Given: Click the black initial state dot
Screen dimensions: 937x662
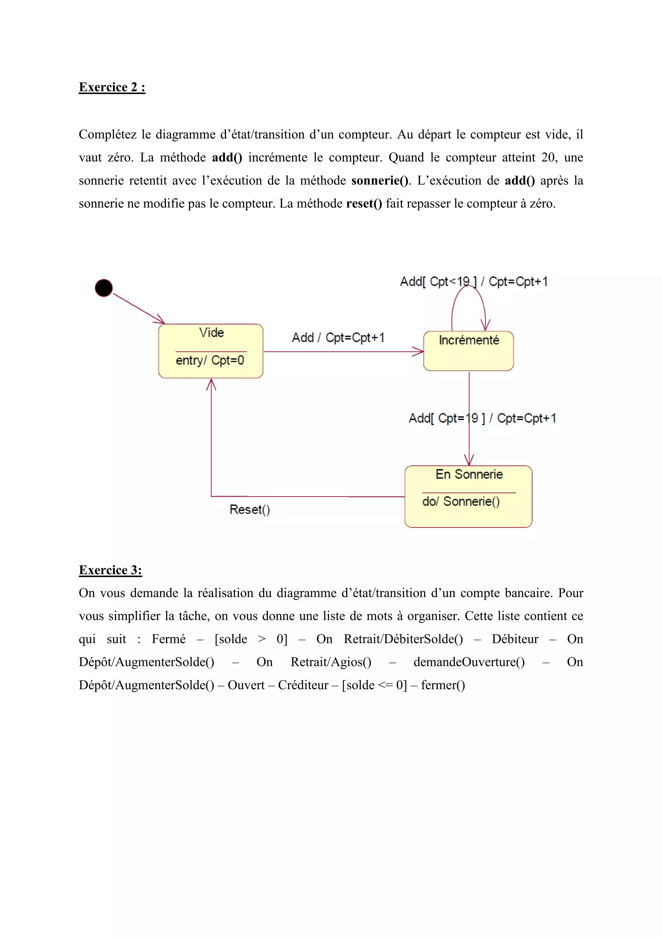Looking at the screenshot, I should (104, 288).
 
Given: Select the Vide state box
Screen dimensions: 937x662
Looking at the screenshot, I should (210, 351).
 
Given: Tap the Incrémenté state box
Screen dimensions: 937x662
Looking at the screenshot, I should (468, 351).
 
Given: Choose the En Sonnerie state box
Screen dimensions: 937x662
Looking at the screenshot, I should (468, 496).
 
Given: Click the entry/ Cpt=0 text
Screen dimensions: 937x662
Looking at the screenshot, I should (210, 361).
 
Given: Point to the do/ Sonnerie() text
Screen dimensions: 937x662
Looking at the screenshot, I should (461, 501).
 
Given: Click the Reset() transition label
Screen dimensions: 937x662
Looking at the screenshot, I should (250, 510).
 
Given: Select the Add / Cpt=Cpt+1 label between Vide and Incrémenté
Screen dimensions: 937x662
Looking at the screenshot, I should (338, 338).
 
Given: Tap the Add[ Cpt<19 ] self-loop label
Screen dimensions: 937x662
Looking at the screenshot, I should (473, 282).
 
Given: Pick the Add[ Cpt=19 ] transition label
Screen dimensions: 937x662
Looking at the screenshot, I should (482, 418).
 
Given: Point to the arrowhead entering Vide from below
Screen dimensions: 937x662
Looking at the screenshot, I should (211, 384).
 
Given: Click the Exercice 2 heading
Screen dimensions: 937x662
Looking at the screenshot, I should (112, 87).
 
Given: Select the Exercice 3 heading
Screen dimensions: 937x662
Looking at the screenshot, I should (110, 570).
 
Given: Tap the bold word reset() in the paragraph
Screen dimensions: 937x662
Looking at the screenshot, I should (364, 204).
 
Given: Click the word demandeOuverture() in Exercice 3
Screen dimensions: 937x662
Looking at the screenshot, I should (469, 662).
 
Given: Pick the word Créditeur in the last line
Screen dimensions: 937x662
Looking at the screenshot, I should (303, 685).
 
